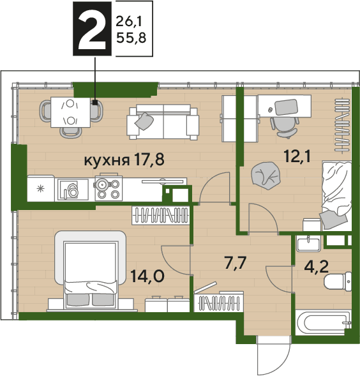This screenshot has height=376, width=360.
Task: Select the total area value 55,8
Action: click(x=131, y=38)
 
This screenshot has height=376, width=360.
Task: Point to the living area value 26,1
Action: click(x=129, y=22)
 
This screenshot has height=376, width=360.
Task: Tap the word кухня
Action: click(x=107, y=161)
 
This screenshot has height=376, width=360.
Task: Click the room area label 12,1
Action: click(x=297, y=157)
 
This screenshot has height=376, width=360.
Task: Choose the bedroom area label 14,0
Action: click(x=147, y=276)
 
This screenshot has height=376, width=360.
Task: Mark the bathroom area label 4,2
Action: click(x=316, y=267)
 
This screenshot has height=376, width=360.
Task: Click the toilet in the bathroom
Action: click(x=338, y=282)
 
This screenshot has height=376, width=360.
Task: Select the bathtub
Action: click(x=322, y=322)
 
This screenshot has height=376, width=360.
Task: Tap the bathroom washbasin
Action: click(x=308, y=243)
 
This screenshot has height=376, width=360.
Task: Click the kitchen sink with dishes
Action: click(x=71, y=190)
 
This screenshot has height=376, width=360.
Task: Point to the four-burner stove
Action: click(x=109, y=188)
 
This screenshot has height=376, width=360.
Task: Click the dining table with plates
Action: click(x=70, y=112)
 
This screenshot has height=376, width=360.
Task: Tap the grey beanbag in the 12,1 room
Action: click(x=266, y=176)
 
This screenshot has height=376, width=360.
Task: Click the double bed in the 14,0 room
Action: click(x=91, y=271)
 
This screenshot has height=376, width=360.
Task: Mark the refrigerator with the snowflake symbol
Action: click(x=41, y=188)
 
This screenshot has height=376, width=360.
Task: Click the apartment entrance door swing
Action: click(x=274, y=355)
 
